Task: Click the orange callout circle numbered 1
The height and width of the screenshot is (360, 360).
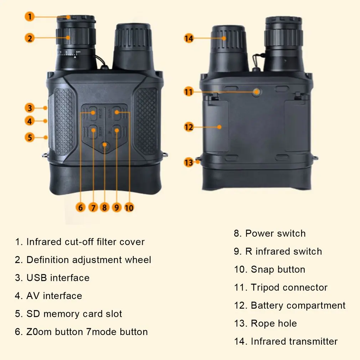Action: point(30,16)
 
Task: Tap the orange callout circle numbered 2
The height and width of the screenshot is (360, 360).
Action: point(30,37)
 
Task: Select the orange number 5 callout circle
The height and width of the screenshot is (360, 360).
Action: point(30,137)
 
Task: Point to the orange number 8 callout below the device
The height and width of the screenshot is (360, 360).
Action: point(104,207)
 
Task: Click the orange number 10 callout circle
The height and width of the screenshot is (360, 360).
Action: point(129,207)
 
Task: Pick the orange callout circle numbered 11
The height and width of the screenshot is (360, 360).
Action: point(189,92)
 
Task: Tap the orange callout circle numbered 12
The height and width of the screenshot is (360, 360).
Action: point(189,127)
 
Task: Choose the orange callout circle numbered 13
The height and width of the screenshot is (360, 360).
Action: point(189,163)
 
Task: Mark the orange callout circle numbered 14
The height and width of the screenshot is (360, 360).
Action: point(189,38)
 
